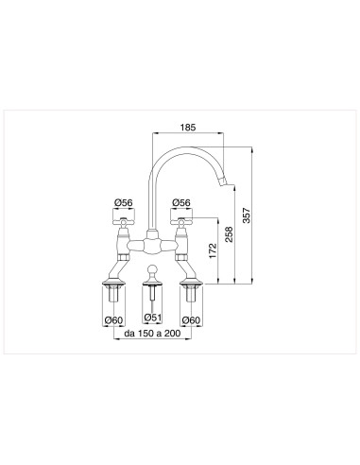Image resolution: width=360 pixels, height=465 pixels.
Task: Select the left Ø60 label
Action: [x=113, y=319]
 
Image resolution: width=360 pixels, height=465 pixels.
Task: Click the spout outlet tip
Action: [x=225, y=181]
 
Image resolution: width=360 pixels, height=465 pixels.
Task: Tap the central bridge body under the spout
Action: [x=152, y=248]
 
